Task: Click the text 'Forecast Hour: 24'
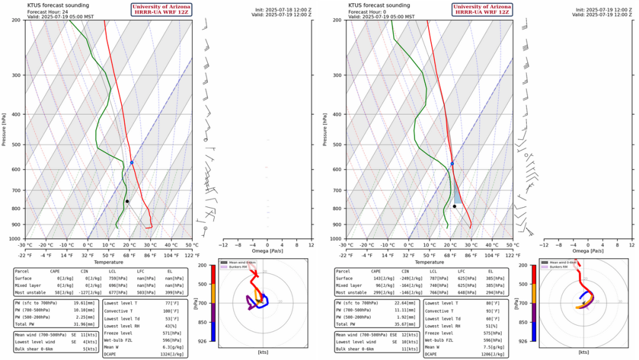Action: (46, 11)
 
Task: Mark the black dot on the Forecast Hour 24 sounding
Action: (127, 201)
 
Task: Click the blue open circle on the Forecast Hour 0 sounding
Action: (452, 163)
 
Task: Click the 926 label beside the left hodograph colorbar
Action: (203, 341)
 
